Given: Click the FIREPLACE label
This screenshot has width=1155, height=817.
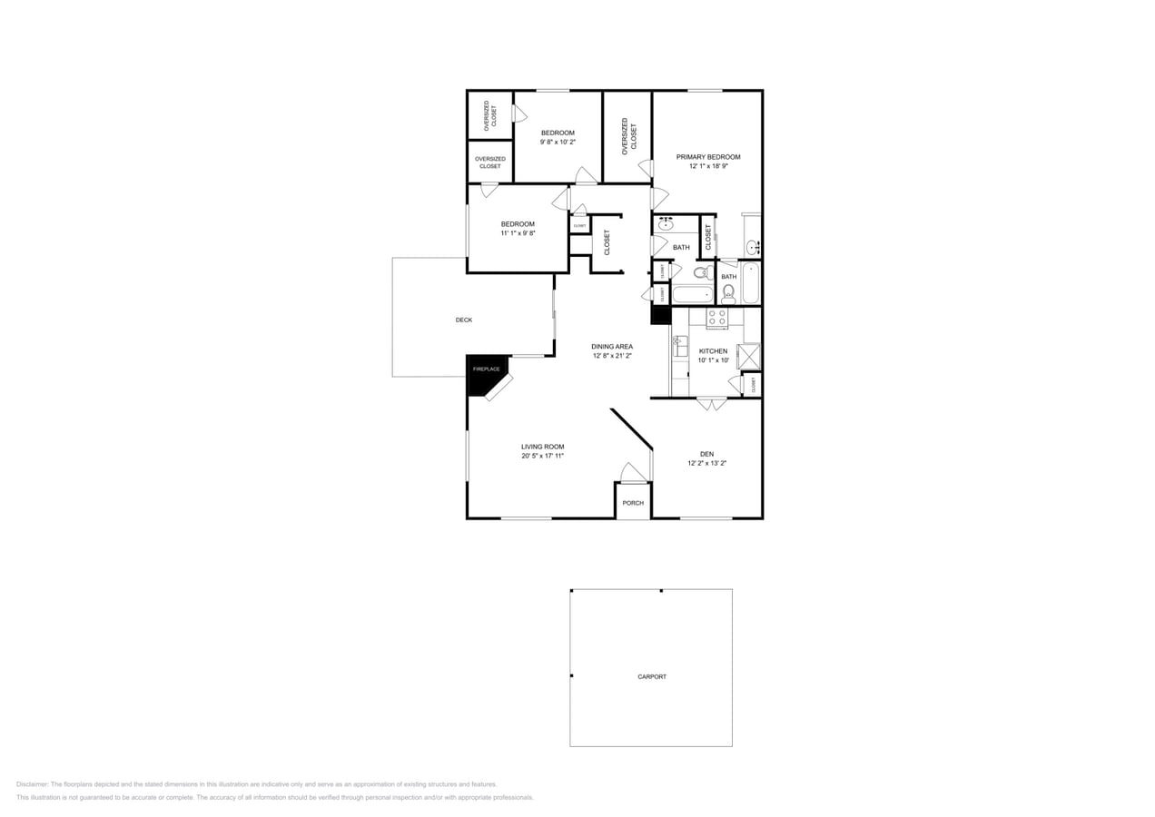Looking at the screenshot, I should (x=486, y=369).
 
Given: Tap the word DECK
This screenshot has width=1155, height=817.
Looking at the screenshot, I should (x=464, y=320).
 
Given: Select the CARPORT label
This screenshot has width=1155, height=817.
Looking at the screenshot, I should (x=652, y=676).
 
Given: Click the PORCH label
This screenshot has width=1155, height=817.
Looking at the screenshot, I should (x=633, y=503).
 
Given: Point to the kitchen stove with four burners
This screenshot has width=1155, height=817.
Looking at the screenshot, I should (x=717, y=318).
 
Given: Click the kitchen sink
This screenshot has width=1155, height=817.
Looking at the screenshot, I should (x=679, y=346).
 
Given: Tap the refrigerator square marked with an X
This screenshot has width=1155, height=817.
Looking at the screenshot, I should (x=748, y=357).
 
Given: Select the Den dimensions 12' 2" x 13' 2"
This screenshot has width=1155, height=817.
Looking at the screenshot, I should (x=706, y=463).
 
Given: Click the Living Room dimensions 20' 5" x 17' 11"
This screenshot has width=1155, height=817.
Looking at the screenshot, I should (x=543, y=456).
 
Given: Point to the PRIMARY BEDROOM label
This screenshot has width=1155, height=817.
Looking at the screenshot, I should (x=708, y=157).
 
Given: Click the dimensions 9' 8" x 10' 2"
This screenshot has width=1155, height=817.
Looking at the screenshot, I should (x=558, y=142).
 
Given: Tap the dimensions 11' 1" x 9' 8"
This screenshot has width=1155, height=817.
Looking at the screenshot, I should (x=518, y=233).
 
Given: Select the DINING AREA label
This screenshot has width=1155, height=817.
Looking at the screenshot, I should (x=612, y=346).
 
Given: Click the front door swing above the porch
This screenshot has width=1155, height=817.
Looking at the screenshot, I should (x=633, y=473).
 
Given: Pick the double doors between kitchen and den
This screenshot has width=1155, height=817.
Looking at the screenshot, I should (x=712, y=404).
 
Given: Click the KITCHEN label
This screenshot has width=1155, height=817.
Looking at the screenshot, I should (x=713, y=350).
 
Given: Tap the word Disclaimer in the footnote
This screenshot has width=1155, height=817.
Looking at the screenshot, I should (x=32, y=784).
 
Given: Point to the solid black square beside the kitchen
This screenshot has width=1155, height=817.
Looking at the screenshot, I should (x=660, y=315).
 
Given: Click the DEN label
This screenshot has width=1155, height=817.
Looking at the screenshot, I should (x=706, y=454).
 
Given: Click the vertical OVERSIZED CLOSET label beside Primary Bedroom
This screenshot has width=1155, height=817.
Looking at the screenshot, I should (x=628, y=136).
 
